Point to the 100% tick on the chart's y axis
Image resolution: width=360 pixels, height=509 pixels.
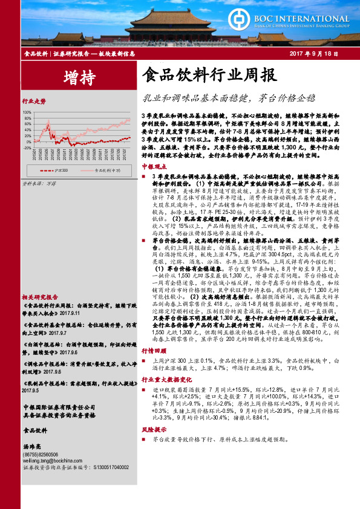(28, 112)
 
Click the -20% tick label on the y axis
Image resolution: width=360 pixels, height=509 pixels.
(28, 148)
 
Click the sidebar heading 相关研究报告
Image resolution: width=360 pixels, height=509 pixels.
(40, 297)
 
